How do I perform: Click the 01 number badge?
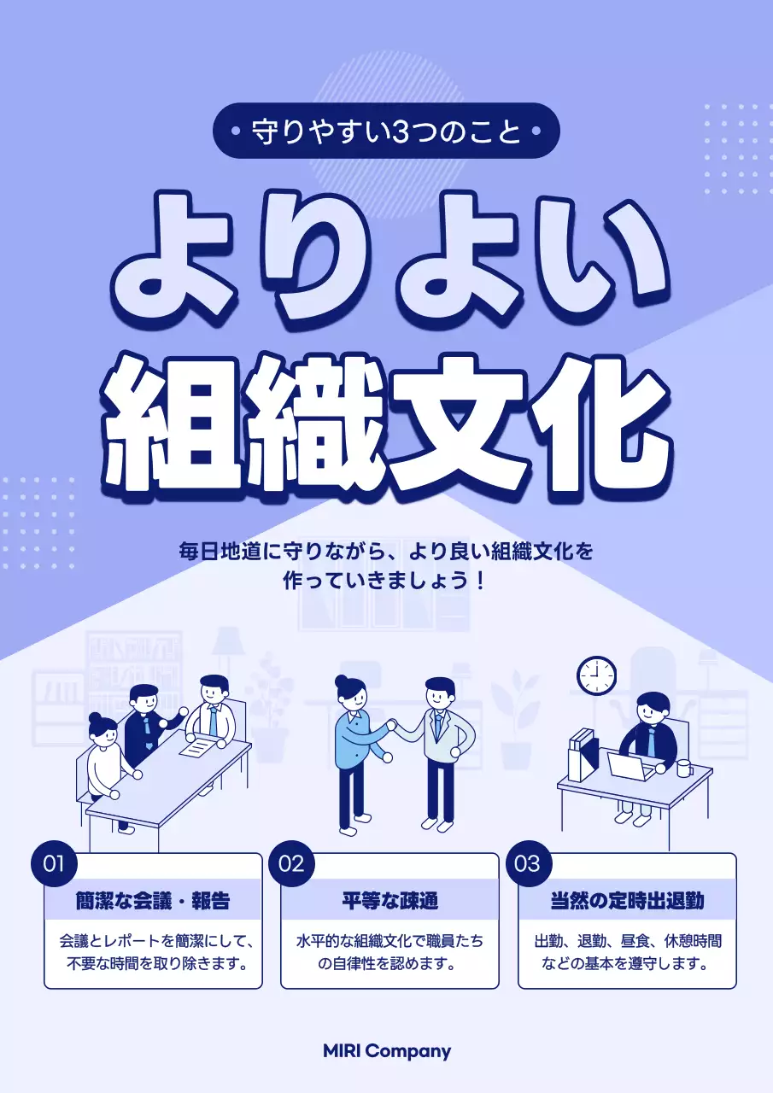[x=54, y=863]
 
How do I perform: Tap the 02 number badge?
[x=291, y=863]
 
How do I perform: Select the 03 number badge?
[x=528, y=863]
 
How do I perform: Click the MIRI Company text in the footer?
[x=387, y=1051]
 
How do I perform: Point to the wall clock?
[x=596, y=675]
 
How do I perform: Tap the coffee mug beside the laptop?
[x=684, y=768]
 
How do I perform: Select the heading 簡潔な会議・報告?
[x=153, y=901]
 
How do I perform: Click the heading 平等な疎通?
[x=389, y=901]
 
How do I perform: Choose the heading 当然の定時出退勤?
[x=627, y=901]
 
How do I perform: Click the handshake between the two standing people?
[x=392, y=727]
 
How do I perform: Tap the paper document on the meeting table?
[x=197, y=745]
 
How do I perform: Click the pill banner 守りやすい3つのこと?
[x=386, y=132]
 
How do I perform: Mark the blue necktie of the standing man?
[x=438, y=727]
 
